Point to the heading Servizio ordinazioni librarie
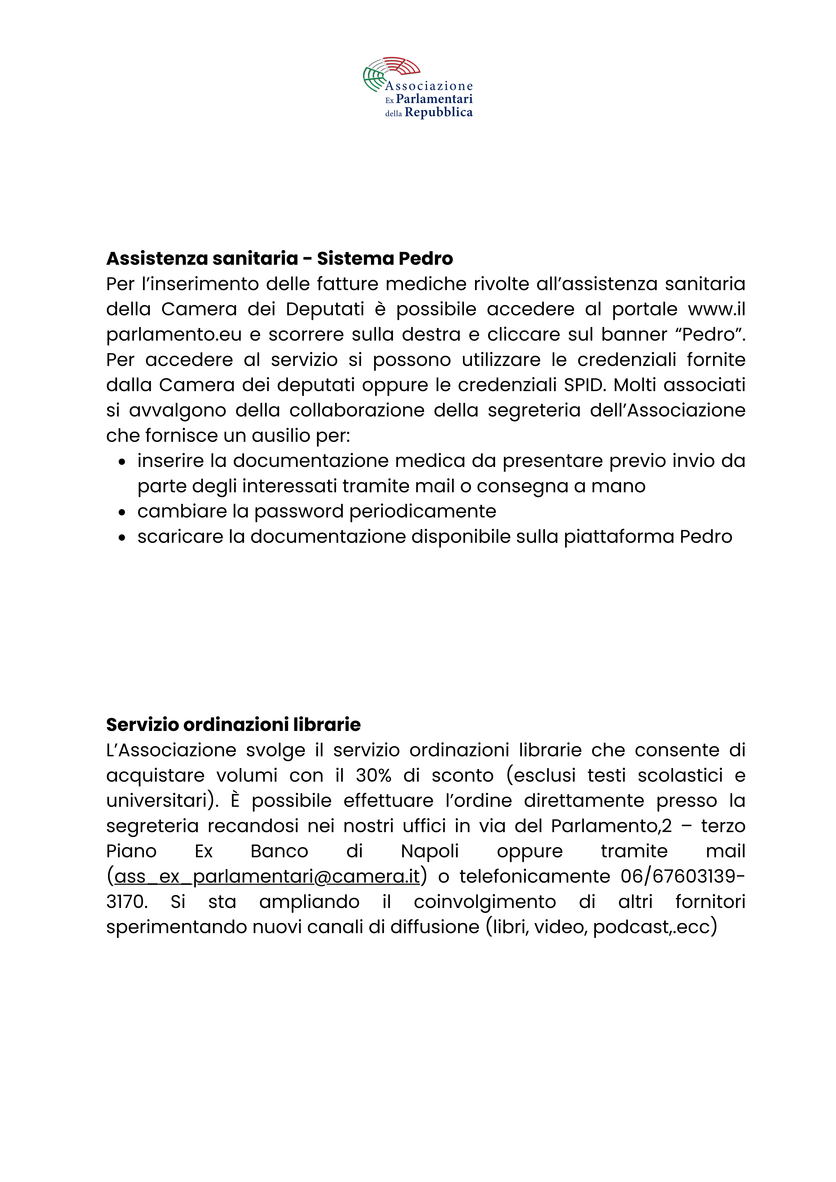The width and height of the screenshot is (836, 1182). pos(233,725)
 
